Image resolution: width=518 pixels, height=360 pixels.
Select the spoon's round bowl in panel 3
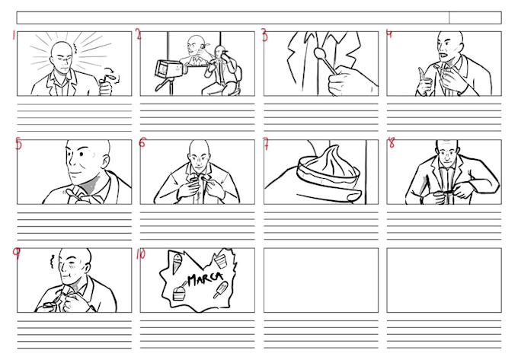319,54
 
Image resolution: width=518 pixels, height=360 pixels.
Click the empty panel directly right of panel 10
320,280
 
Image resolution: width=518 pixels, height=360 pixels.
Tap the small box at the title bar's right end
475,18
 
